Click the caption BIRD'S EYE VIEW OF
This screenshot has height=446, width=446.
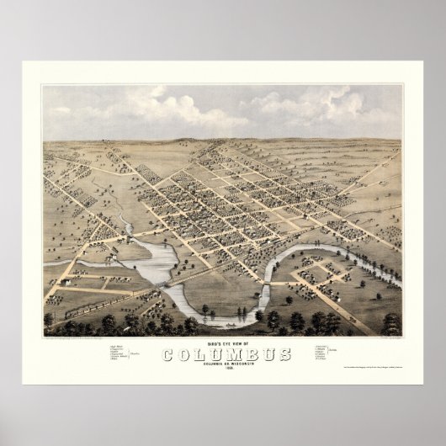[x=223, y=343]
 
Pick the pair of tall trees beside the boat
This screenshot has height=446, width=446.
[x=245, y=313]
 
